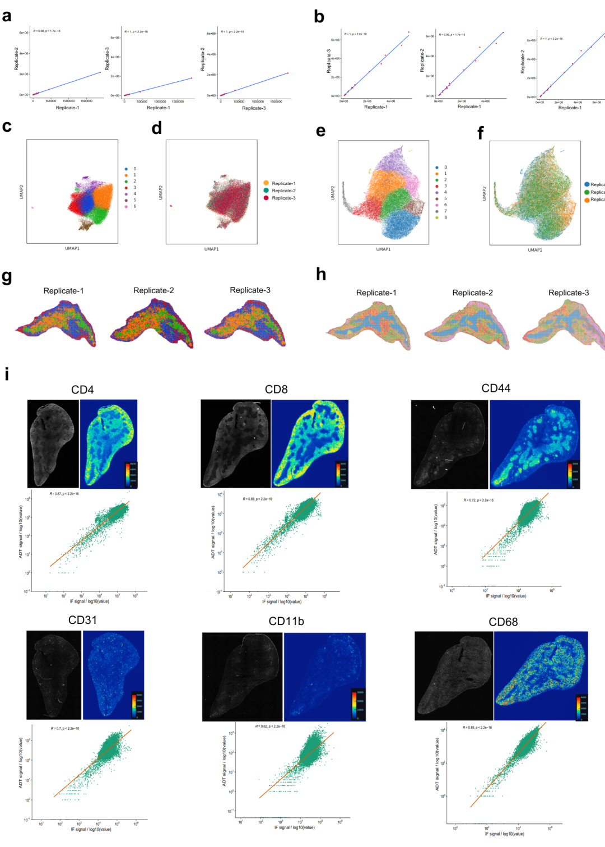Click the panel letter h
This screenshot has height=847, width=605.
coord(321,274)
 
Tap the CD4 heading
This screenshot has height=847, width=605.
coord(82,390)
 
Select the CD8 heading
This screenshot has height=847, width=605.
coord(276,389)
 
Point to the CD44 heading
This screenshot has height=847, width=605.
coord(496,388)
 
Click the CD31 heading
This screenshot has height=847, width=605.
coord(82,620)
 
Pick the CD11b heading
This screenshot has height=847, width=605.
coord(286,621)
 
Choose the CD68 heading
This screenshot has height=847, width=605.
coord(503,622)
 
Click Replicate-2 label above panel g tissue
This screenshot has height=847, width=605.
coord(153,290)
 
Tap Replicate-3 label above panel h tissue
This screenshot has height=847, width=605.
coord(569,293)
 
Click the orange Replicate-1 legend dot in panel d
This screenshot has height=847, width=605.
coord(266,183)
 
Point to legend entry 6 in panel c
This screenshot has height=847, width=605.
coord(134,206)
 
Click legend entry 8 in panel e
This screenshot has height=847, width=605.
coord(445,217)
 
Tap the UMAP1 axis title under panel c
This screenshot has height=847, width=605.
coord(72,248)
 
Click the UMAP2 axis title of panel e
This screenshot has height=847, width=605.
coord(332,193)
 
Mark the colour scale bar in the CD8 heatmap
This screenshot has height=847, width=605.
coord(341,473)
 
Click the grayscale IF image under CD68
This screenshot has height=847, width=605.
coord(454,675)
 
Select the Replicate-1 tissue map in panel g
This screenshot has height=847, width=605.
coord(56,324)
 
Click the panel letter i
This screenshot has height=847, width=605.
coord(7,374)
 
